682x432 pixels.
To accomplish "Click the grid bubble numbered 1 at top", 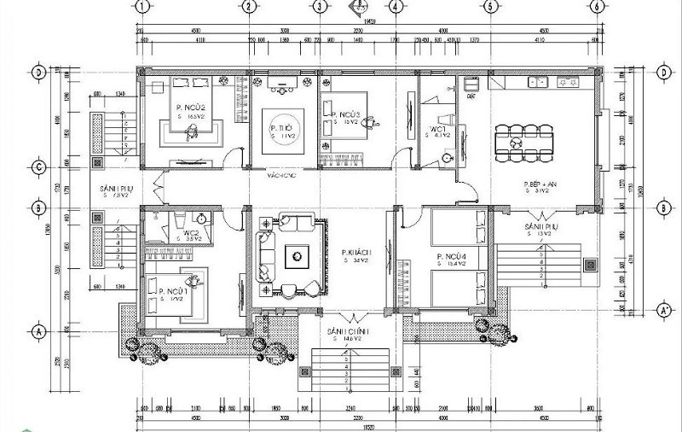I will [142, 7].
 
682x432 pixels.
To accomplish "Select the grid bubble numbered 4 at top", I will [395, 7].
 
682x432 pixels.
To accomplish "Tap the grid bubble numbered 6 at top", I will [598, 7].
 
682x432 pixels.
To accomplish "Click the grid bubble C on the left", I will [38, 166].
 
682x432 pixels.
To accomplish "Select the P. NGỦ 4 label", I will [449, 257].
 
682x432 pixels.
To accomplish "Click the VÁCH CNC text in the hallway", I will [280, 175].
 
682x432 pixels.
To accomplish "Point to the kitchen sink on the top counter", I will [539, 82].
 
